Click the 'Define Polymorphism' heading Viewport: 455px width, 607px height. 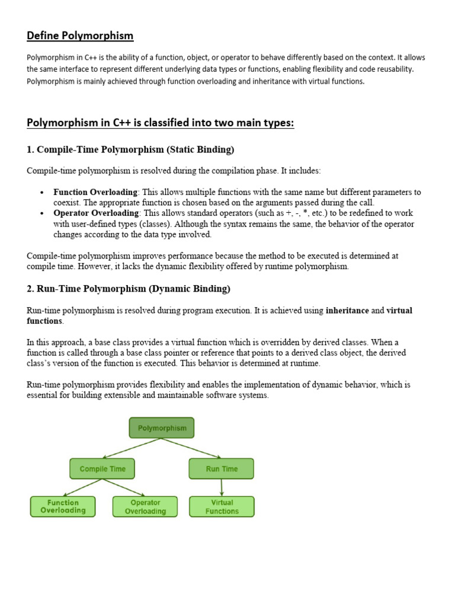pos(80,36)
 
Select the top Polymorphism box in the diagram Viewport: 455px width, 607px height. pos(162,428)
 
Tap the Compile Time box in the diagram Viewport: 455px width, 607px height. pos(102,469)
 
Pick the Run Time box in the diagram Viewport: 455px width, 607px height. pos(222,469)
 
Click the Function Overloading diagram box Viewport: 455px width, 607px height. pos(63,506)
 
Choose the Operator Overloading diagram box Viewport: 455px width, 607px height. pos(145,507)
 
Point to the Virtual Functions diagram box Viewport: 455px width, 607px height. pos(222,507)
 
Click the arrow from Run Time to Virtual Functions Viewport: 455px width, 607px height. pos(222,488)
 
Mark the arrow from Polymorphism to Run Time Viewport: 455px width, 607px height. pos(191,448)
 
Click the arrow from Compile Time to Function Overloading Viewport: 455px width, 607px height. pos(83,487)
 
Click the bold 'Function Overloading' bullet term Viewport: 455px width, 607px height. pos(95,192)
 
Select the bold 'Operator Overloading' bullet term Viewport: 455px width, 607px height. pos(97,213)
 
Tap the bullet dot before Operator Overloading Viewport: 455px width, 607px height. pos(42,213)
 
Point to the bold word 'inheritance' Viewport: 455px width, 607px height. pos(347,311)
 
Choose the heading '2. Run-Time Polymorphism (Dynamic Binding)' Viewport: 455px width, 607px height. pos(129,289)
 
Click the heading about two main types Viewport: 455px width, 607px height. pos(160,123)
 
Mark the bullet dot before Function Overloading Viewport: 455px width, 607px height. pos(42,193)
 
